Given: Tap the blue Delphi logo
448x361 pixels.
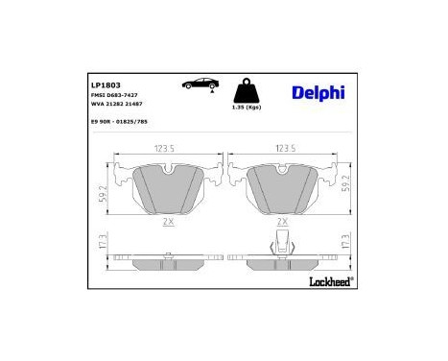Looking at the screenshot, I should (x=312, y=92).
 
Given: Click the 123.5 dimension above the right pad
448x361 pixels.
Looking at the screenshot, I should (x=284, y=150).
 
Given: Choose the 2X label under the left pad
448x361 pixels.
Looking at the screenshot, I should (x=168, y=222).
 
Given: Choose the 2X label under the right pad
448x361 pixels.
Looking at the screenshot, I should (x=282, y=222).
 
